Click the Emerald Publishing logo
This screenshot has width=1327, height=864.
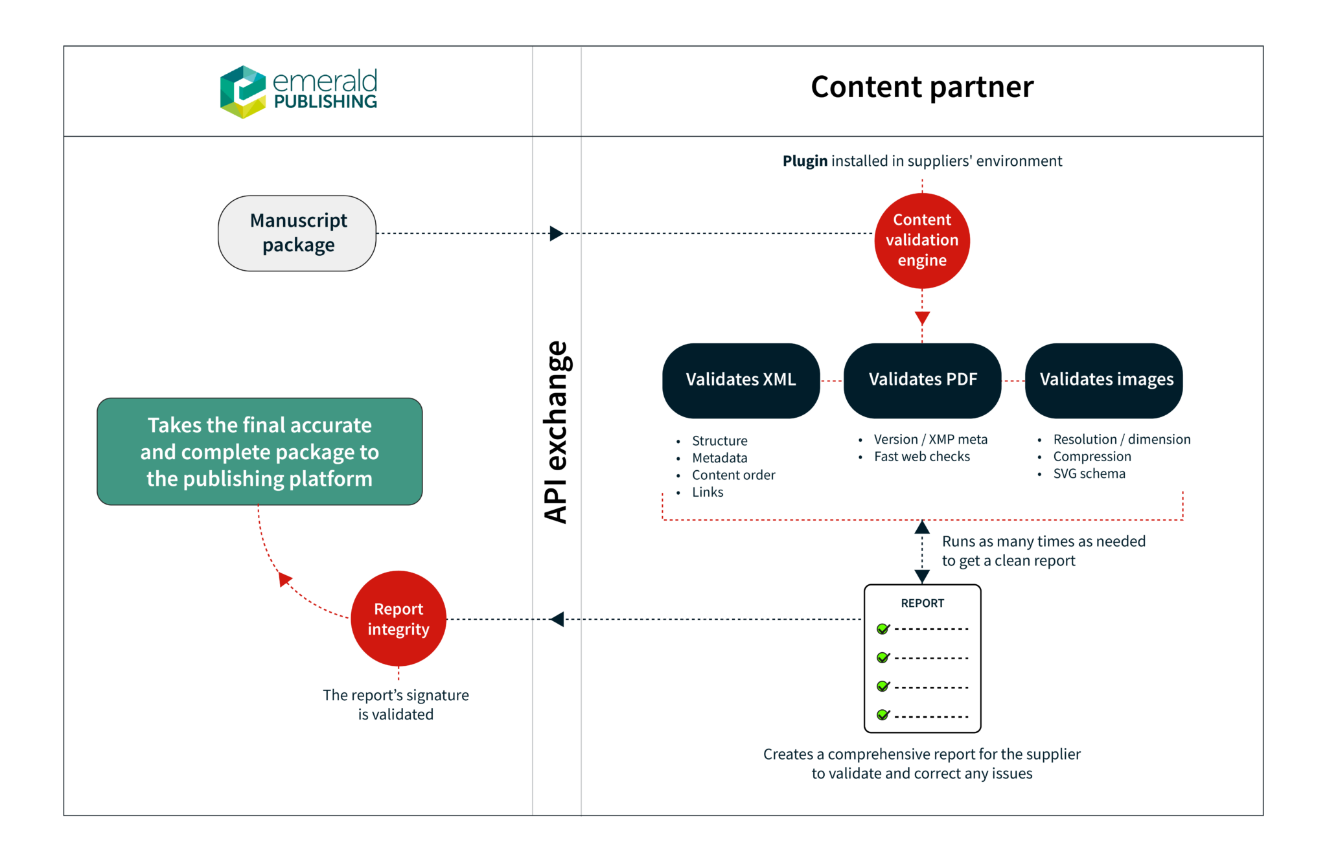pyautogui.click(x=300, y=91)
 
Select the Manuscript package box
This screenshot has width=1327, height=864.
pyautogui.click(x=297, y=233)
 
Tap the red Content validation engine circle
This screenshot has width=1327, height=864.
pyautogui.click(x=921, y=240)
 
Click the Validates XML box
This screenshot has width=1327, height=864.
pyautogui.click(x=741, y=380)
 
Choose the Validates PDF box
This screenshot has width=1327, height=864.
pyautogui.click(x=922, y=380)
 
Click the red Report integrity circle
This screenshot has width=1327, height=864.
pyautogui.click(x=398, y=619)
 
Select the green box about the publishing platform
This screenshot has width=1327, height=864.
pyautogui.click(x=259, y=451)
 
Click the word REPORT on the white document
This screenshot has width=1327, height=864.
pyautogui.click(x=922, y=604)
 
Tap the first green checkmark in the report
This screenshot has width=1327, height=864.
pyautogui.click(x=883, y=629)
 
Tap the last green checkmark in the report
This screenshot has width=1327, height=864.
pyautogui.click(x=883, y=715)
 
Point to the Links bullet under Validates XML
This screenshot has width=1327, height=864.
pyautogui.click(x=708, y=492)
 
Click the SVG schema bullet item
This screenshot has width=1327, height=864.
pyautogui.click(x=1089, y=474)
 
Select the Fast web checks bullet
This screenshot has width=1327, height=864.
pyautogui.click(x=921, y=457)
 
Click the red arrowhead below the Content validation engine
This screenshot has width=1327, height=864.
pyautogui.click(x=922, y=318)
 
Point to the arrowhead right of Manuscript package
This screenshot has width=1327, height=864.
pyautogui.click(x=556, y=234)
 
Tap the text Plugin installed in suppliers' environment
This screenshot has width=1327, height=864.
pyautogui.click(x=922, y=161)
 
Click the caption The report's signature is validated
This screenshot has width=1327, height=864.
pyautogui.click(x=396, y=705)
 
